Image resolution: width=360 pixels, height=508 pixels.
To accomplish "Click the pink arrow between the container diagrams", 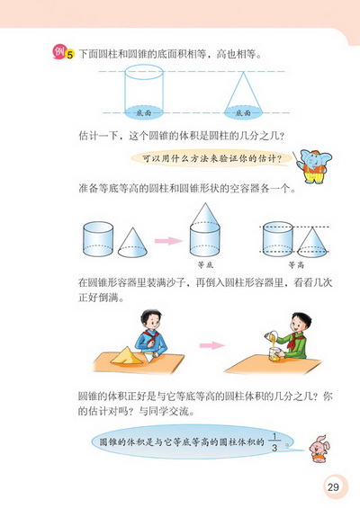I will click(166, 240).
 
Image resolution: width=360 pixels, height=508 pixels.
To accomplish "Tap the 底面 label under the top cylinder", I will click(146, 113).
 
